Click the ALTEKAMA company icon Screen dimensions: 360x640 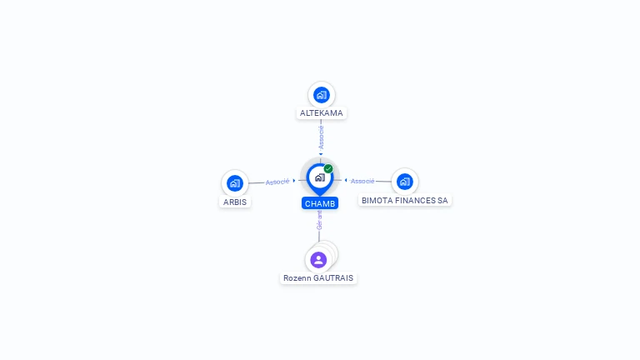321,95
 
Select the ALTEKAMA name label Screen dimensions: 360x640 321,112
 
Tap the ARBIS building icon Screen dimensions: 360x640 235,183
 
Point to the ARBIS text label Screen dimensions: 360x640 235,202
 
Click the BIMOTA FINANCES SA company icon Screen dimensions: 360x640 404,182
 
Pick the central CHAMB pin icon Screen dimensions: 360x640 319,177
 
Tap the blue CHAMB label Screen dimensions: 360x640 320,203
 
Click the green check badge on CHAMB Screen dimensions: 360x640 328,168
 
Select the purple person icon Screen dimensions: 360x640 318,260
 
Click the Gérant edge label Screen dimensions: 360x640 319,220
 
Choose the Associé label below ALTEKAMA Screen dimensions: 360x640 321,137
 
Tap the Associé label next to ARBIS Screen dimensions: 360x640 277,181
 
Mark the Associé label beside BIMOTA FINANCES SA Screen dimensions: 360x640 362,181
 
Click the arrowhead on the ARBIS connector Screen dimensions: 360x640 294,180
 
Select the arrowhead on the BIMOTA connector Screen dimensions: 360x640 346,180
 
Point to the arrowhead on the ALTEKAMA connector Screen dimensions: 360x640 321,153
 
